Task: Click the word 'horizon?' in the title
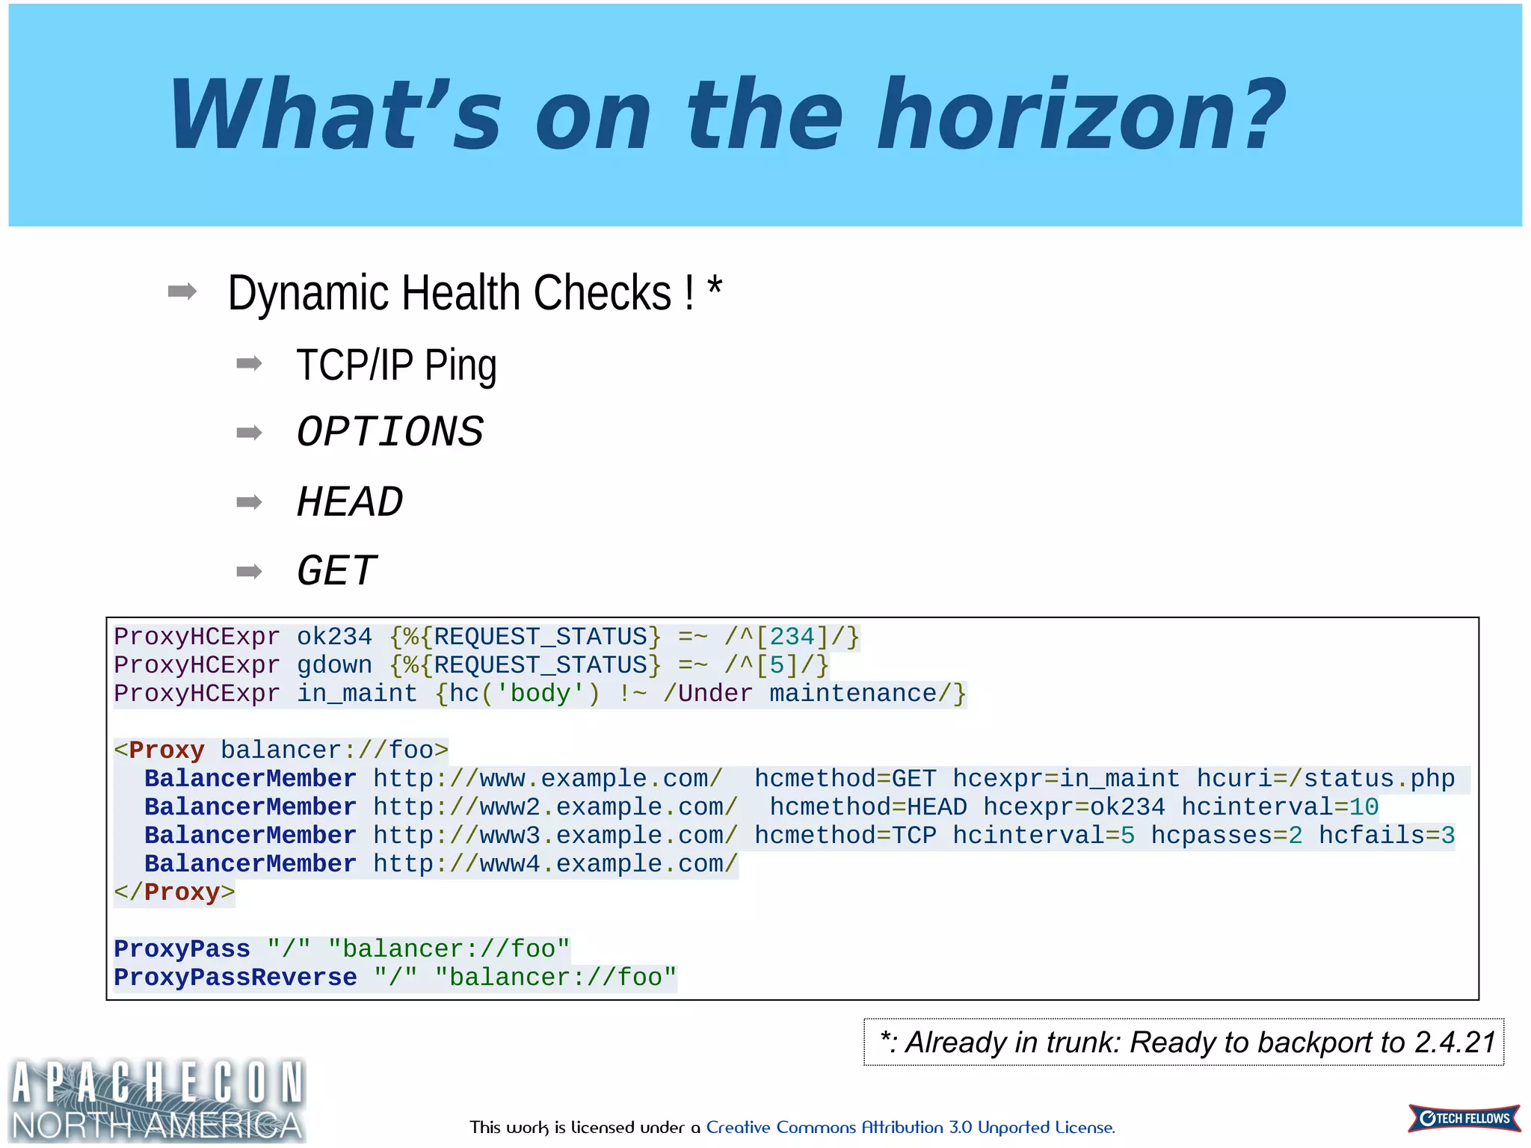[1080, 115]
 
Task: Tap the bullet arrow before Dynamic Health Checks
[182, 291]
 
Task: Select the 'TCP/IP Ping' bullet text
[396, 365]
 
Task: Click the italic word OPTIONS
[389, 432]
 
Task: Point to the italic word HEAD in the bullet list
[349, 502]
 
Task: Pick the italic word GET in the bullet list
[336, 571]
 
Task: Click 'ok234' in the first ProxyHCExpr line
[334, 637]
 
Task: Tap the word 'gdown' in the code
[334, 665]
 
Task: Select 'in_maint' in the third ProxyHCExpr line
[357, 694]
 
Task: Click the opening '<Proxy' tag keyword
[159, 750]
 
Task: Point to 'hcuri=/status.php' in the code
[1325, 779]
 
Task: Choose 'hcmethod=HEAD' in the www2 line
[868, 807]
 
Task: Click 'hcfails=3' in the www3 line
[1386, 836]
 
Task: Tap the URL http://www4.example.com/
[555, 864]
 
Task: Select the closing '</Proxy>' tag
[174, 892]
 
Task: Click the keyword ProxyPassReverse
[235, 978]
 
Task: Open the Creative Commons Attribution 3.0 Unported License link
[910, 1127]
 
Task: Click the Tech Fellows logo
[1464, 1118]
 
